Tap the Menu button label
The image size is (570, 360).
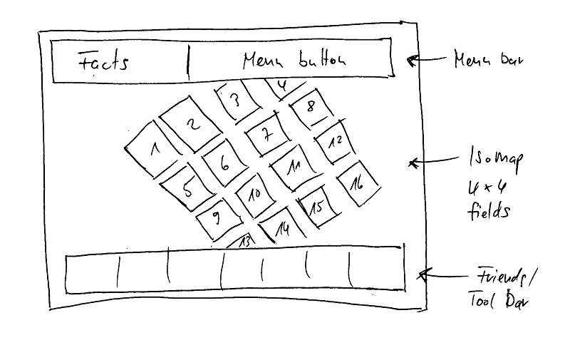pos(294,60)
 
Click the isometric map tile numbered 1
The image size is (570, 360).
pos(153,149)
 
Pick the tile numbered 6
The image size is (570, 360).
pos(224,163)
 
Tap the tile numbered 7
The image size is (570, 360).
pos(266,133)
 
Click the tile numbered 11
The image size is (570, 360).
pos(293,167)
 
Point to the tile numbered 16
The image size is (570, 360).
pos(356,182)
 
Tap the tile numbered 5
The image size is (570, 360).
pos(187,190)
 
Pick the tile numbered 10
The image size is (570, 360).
pos(254,194)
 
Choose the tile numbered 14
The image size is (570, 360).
pos(283,227)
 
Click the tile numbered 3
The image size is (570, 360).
pos(235,102)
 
